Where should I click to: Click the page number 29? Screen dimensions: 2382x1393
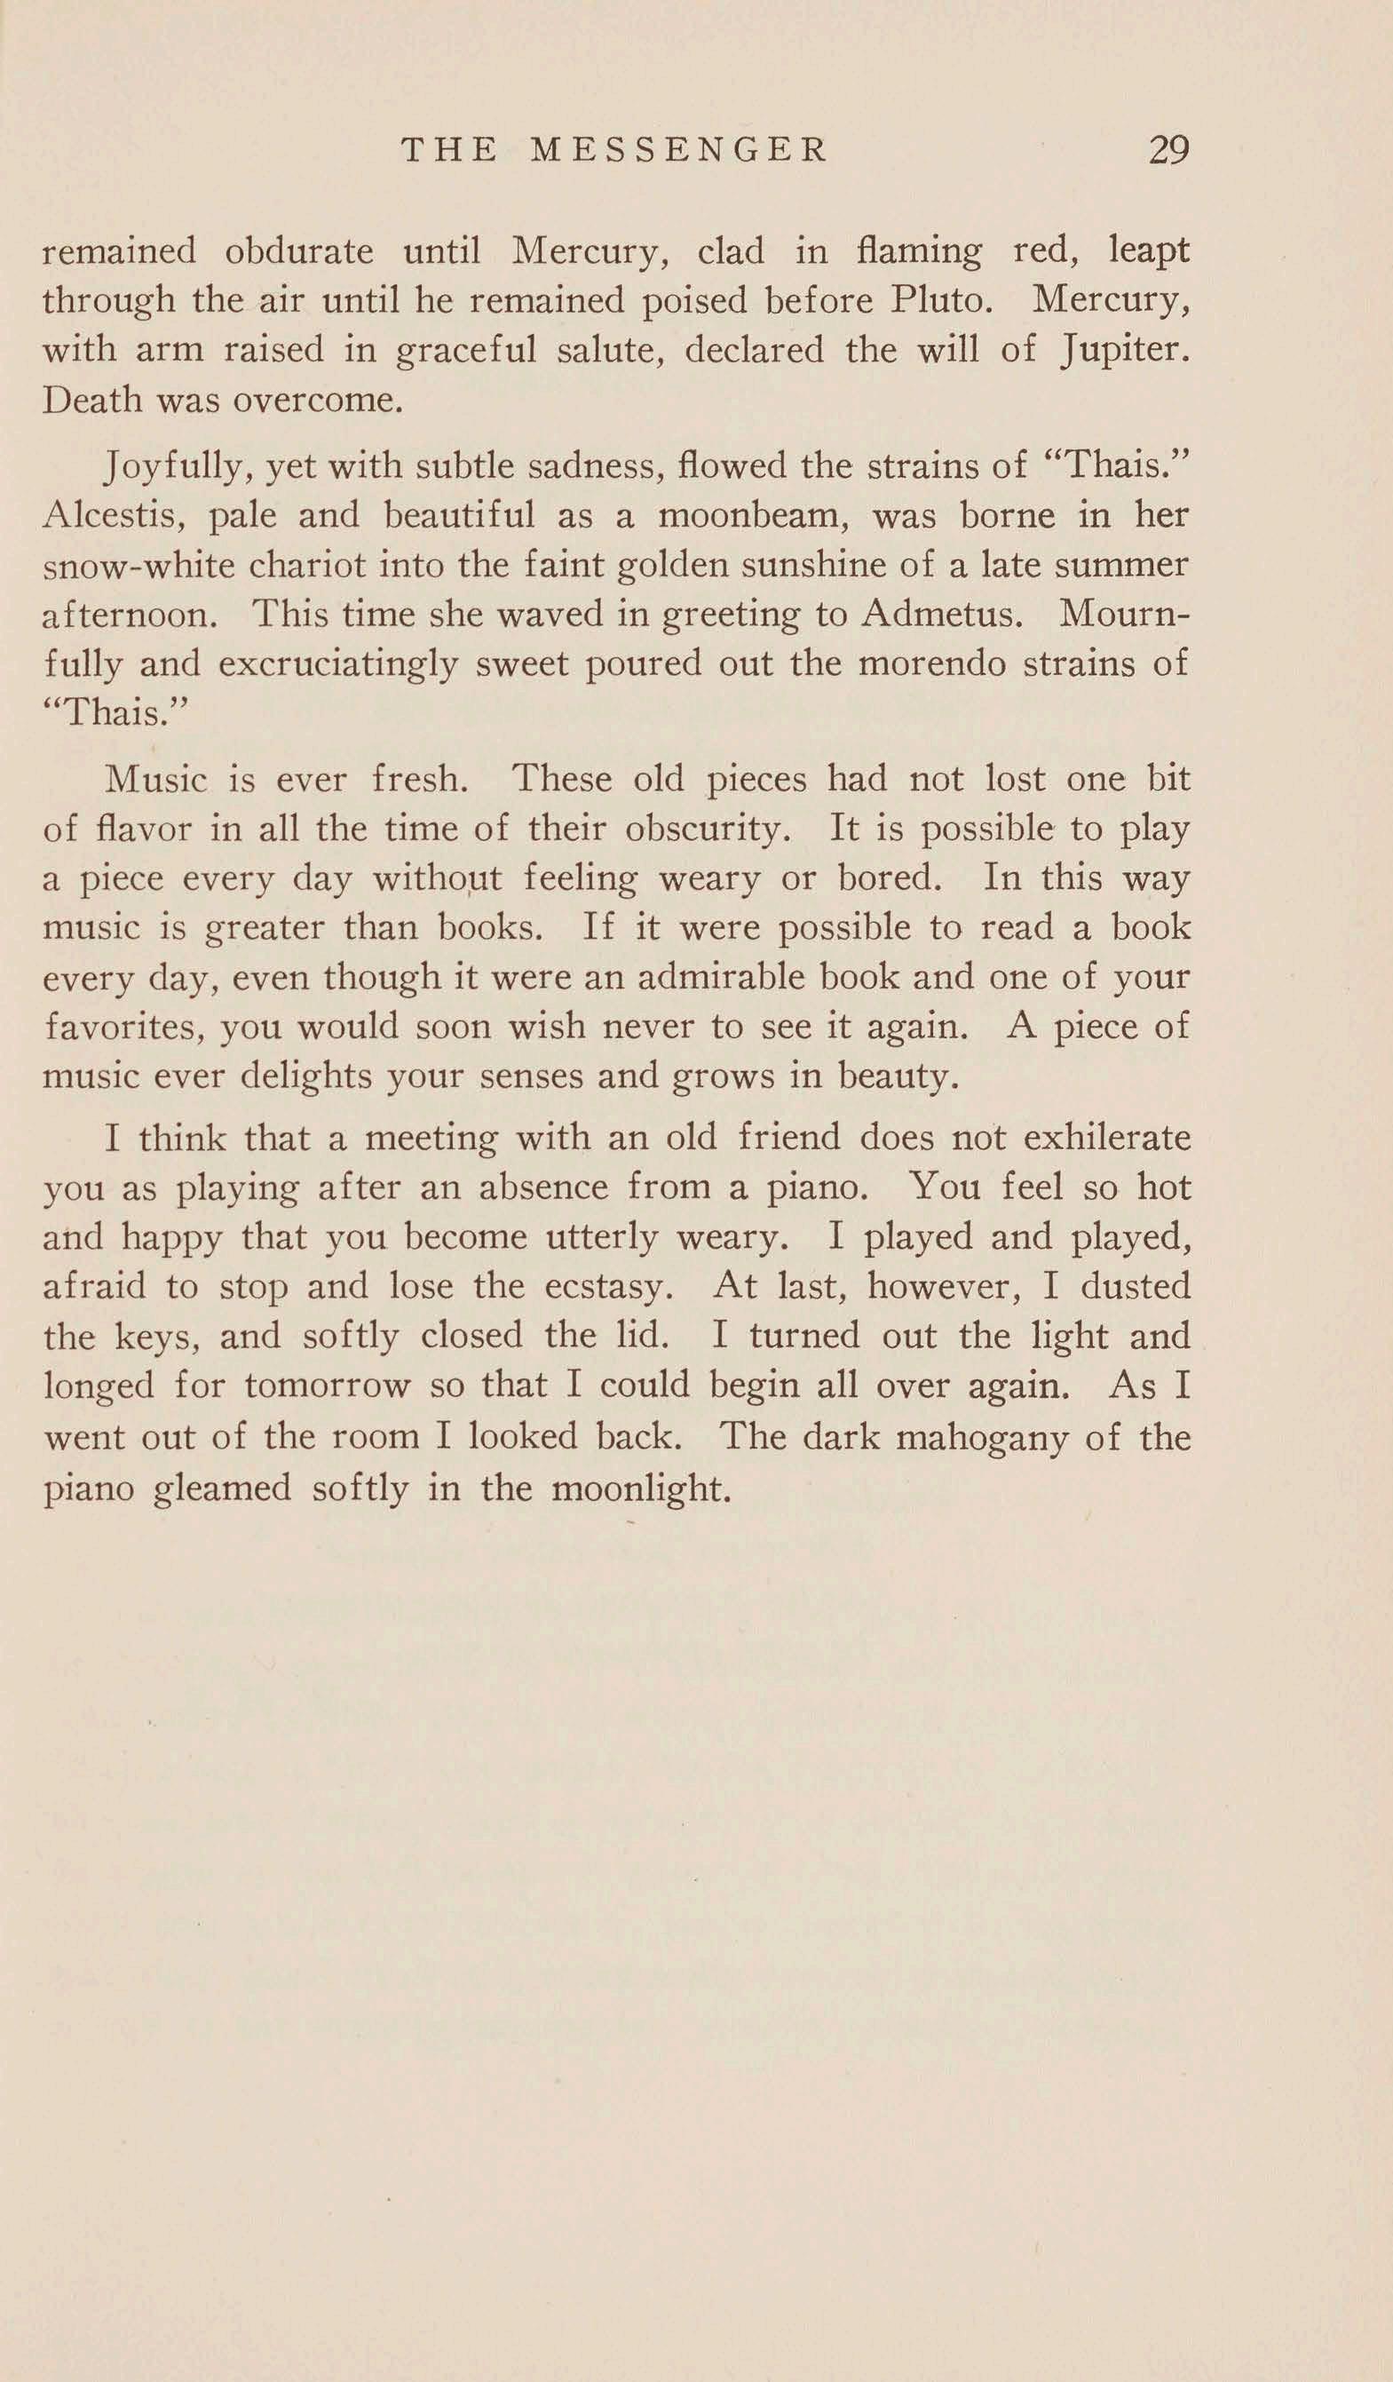1168,150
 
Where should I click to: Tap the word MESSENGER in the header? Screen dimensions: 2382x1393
678,150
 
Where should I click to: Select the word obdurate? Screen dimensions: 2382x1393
298,251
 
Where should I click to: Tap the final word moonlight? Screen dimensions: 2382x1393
641,1489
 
